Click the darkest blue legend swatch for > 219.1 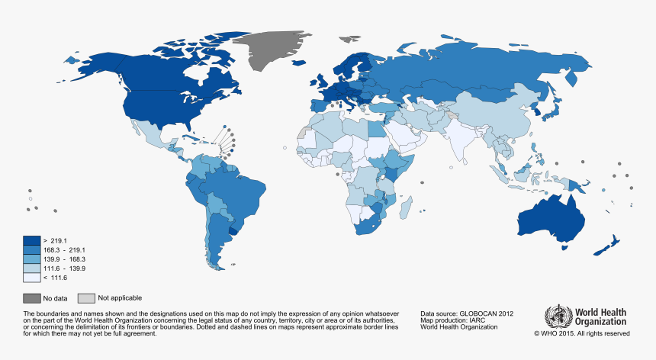click(31, 240)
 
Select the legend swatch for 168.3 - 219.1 click(31, 249)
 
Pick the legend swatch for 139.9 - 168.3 click(31, 259)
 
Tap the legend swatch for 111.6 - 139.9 click(31, 268)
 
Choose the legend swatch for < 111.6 click(31, 278)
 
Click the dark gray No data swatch click(32, 297)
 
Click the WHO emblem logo click(558, 317)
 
